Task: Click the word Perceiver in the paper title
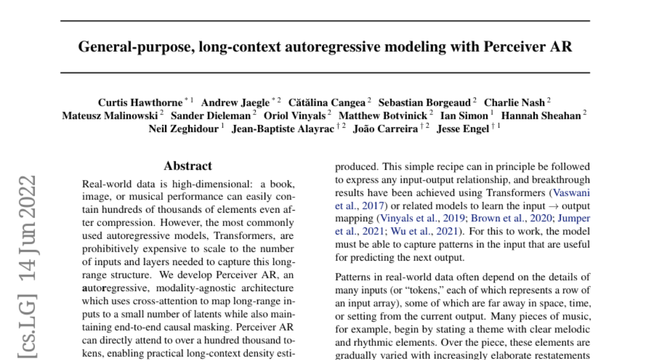point(517,46)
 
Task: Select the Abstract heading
point(188,166)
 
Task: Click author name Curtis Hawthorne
point(140,102)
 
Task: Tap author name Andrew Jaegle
point(235,102)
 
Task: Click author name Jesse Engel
point(463,129)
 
